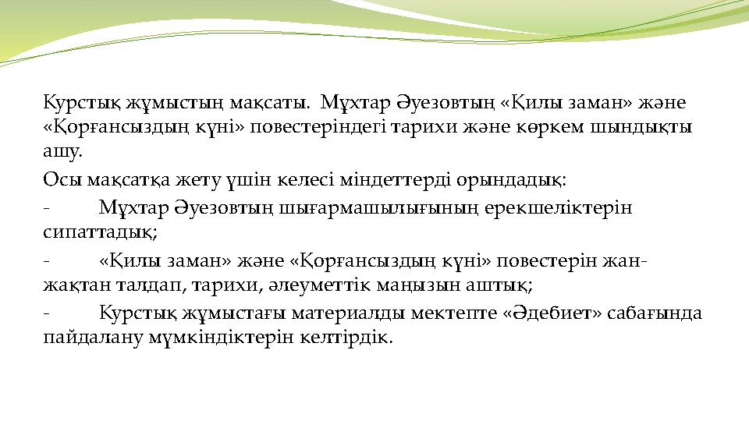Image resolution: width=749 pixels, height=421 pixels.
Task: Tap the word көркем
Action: (559, 127)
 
